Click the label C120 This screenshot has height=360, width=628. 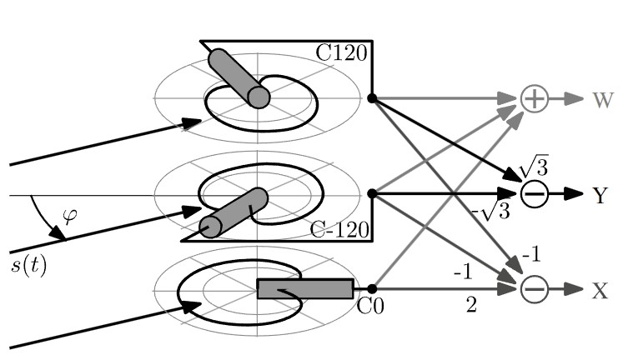point(341,52)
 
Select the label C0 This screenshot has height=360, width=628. point(369,307)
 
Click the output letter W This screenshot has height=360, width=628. point(603,101)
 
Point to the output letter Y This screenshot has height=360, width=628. point(600,196)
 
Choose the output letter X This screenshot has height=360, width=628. point(600,291)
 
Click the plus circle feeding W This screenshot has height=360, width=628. point(535,98)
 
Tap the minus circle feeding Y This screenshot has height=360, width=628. point(535,194)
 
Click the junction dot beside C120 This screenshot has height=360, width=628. point(372,98)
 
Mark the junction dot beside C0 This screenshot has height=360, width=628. point(372,289)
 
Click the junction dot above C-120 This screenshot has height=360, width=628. point(372,193)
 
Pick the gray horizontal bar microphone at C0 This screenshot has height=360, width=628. point(305,289)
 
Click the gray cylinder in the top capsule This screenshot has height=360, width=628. point(239,77)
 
